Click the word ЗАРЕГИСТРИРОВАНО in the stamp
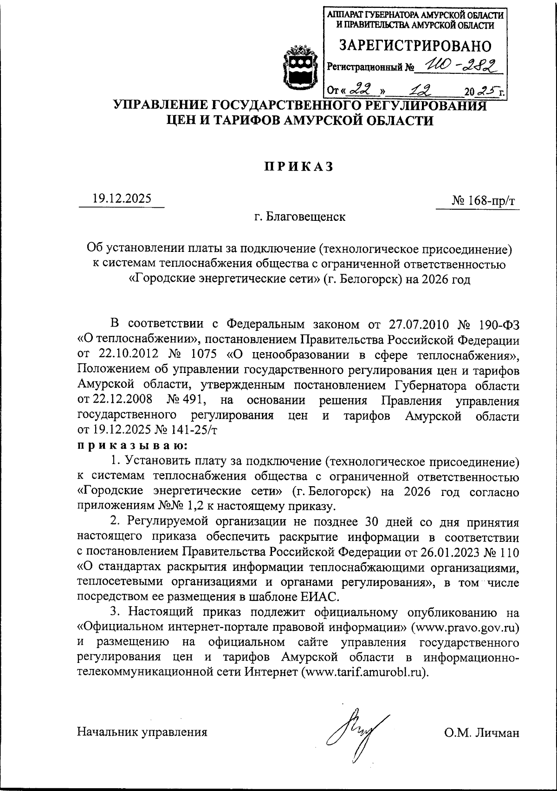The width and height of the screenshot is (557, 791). (415, 45)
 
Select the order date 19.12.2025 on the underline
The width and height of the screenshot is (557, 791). (122, 199)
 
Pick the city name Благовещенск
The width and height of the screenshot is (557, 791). (306, 217)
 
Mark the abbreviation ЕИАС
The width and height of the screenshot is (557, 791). (321, 596)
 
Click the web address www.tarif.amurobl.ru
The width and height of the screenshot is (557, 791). (364, 672)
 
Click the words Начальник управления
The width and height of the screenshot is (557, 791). (142, 733)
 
